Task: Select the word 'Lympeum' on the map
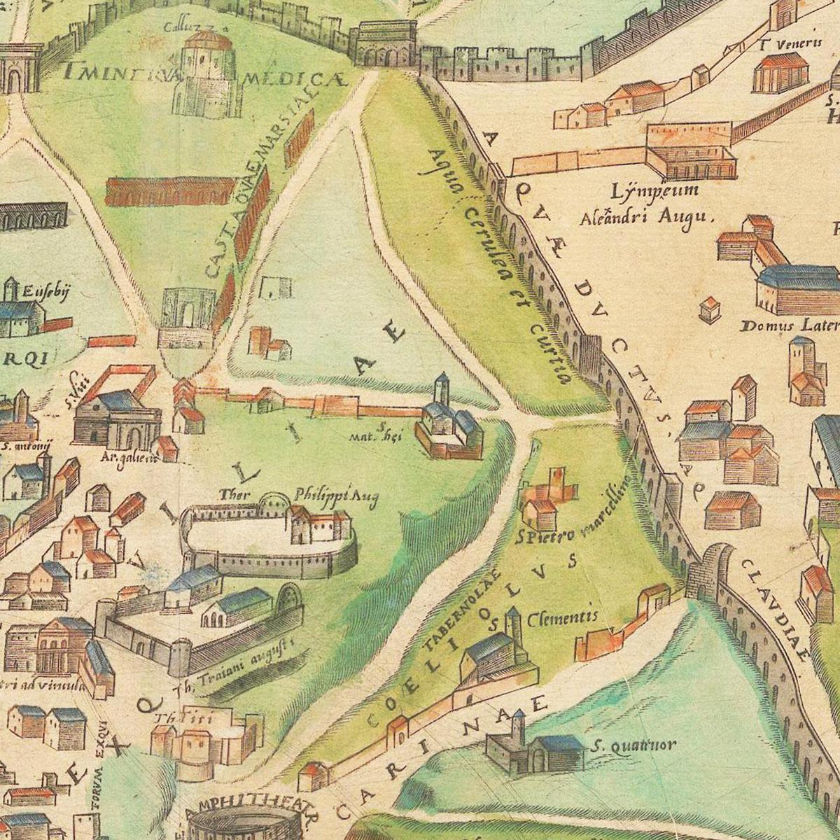tap(645, 191)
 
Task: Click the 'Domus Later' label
tap(790, 325)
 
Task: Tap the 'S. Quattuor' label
tap(633, 745)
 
